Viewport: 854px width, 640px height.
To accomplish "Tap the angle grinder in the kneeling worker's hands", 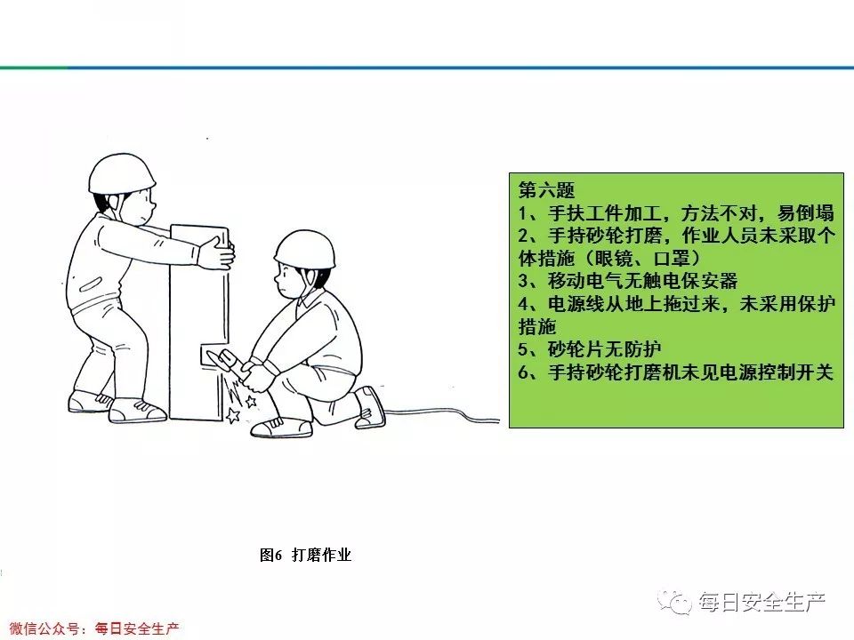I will click(x=223, y=360).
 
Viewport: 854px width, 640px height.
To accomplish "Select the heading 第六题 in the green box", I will click(x=546, y=189).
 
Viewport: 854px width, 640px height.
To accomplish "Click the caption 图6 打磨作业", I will click(x=305, y=556).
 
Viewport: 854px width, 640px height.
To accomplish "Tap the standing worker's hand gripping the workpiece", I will click(x=215, y=253).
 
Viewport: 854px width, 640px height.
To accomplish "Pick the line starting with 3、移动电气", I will click(x=628, y=282).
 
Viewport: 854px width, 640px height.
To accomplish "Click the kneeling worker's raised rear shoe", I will click(x=370, y=407).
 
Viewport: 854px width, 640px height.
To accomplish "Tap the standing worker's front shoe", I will click(x=138, y=411).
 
